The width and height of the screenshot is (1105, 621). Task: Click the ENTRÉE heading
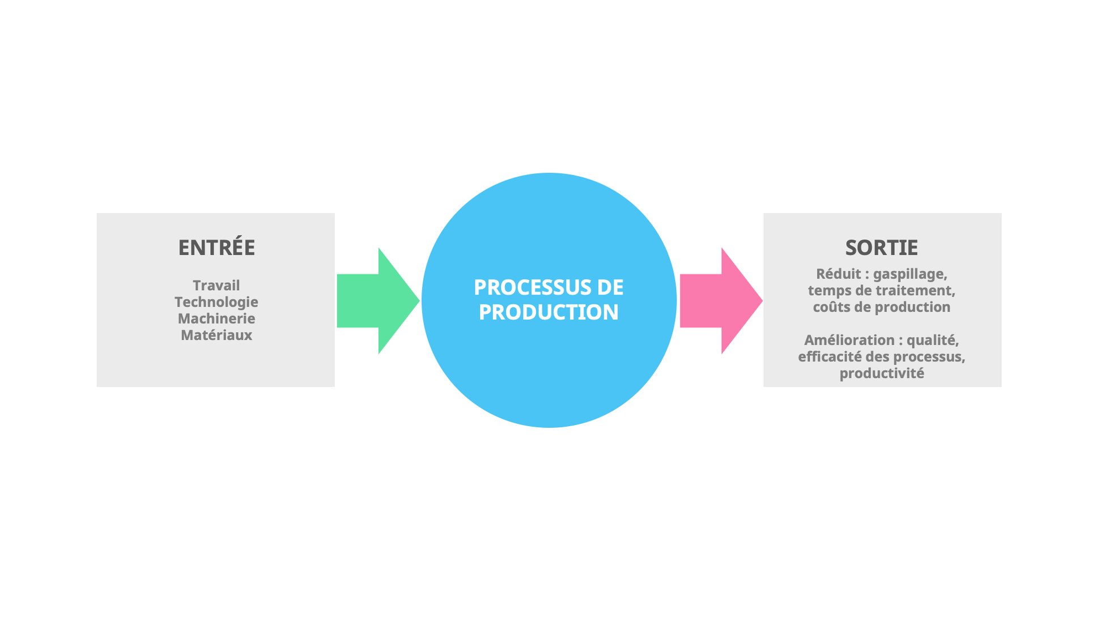pyautogui.click(x=216, y=248)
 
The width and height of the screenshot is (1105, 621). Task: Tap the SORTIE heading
pyautogui.click(x=881, y=248)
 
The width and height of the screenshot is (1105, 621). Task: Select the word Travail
pyautogui.click(x=216, y=285)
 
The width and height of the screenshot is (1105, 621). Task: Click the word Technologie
pyautogui.click(x=216, y=302)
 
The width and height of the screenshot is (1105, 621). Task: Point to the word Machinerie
pyautogui.click(x=216, y=318)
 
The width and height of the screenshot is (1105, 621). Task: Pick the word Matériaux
pyautogui.click(x=216, y=335)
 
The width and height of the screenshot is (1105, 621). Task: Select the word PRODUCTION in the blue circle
pyautogui.click(x=548, y=312)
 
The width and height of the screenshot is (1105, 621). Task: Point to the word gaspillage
pyautogui.click(x=909, y=274)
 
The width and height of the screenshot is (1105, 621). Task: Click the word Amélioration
pyautogui.click(x=849, y=340)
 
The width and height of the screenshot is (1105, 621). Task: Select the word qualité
pyautogui.click(x=932, y=340)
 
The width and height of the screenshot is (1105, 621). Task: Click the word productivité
pyautogui.click(x=881, y=373)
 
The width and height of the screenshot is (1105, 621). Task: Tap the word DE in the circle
pyautogui.click(x=610, y=287)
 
